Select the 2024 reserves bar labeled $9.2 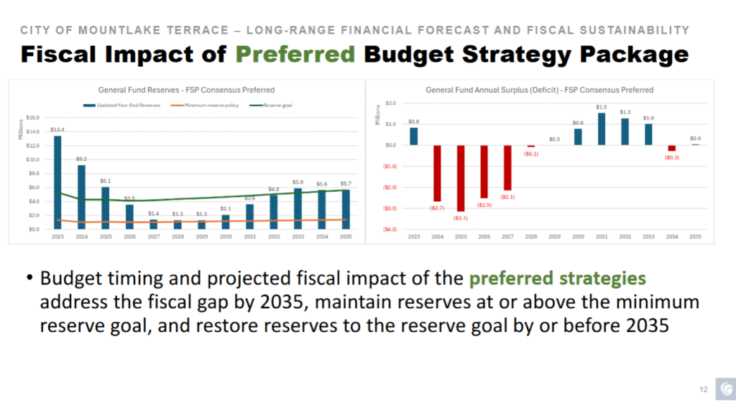(81, 197)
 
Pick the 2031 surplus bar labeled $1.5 (602, 129)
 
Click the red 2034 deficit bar (672, 148)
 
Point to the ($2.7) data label (437, 208)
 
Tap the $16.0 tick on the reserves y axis (32, 118)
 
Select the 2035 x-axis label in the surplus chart (695, 236)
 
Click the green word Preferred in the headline (295, 54)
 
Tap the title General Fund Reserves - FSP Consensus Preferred (186, 91)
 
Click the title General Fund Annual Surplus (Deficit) (539, 90)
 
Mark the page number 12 (704, 390)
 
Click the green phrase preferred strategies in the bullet (567, 278)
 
